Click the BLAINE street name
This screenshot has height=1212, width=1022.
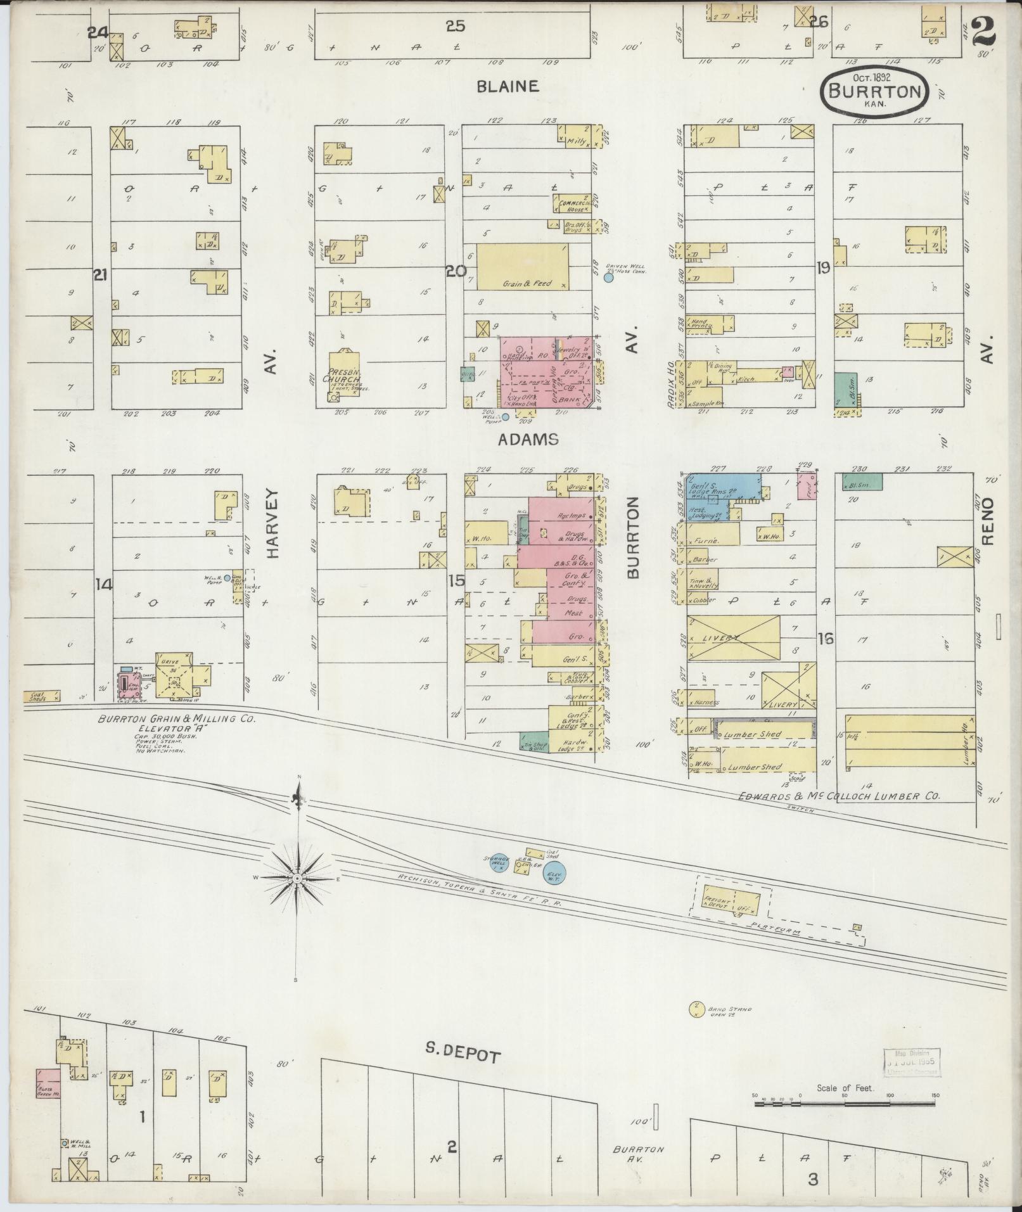point(508,86)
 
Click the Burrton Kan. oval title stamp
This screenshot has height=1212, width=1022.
point(875,92)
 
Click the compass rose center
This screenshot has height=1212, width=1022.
point(297,879)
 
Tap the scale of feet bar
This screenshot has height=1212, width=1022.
point(845,1104)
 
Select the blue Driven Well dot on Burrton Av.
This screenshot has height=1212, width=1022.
point(609,277)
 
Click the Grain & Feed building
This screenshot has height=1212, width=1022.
point(522,267)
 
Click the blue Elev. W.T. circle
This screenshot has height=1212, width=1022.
point(556,872)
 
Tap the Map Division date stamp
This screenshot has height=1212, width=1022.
point(912,1062)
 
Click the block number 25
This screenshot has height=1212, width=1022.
point(455,26)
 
